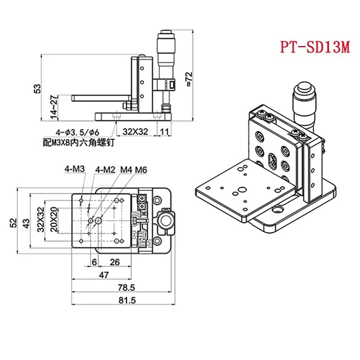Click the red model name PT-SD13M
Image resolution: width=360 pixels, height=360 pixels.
pyautogui.click(x=315, y=47)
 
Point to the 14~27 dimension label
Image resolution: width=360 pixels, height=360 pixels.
pyautogui.click(x=54, y=107)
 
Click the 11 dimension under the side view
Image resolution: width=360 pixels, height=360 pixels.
pyautogui.click(x=165, y=132)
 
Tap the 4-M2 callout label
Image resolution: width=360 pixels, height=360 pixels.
pyautogui.click(x=105, y=169)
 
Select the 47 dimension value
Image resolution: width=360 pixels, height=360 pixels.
pyautogui.click(x=104, y=275)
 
